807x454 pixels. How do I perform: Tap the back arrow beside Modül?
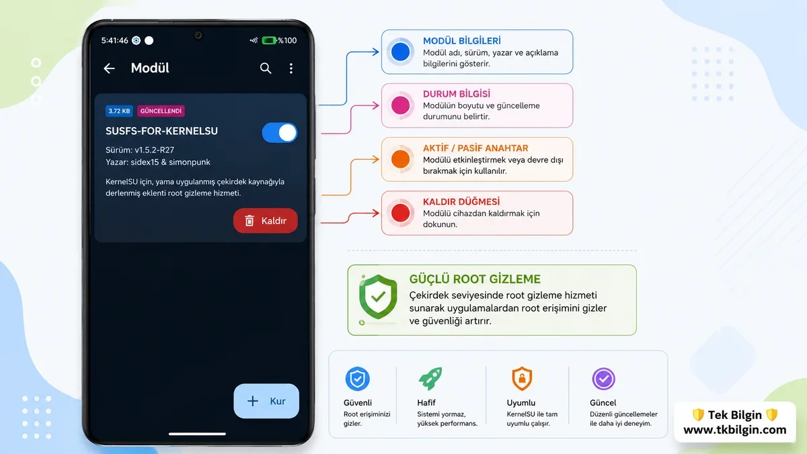point(109,69)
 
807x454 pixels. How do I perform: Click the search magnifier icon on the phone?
point(266,68)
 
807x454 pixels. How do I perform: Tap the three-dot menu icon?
point(291,69)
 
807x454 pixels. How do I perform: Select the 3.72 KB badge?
point(119,111)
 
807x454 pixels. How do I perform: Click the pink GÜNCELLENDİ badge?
point(161,111)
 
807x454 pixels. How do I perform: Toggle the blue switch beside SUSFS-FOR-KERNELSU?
point(280,133)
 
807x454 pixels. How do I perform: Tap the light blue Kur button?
point(266,401)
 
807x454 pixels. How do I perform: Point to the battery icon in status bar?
point(269,40)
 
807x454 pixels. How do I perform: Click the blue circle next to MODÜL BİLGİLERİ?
point(400,52)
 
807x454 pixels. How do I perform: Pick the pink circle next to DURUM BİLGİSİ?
point(400,105)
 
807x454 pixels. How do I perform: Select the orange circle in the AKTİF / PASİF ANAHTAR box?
point(400,159)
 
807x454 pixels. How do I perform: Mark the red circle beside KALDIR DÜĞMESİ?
point(400,213)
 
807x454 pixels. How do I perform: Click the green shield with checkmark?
point(378,296)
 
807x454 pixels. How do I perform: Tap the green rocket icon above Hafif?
point(430,379)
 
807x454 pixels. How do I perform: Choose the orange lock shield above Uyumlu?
point(522,379)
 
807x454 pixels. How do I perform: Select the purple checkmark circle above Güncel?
point(603,379)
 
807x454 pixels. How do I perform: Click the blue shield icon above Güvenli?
point(357,379)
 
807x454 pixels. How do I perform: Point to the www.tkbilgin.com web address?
point(734,430)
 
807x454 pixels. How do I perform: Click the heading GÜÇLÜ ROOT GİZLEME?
point(475,279)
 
